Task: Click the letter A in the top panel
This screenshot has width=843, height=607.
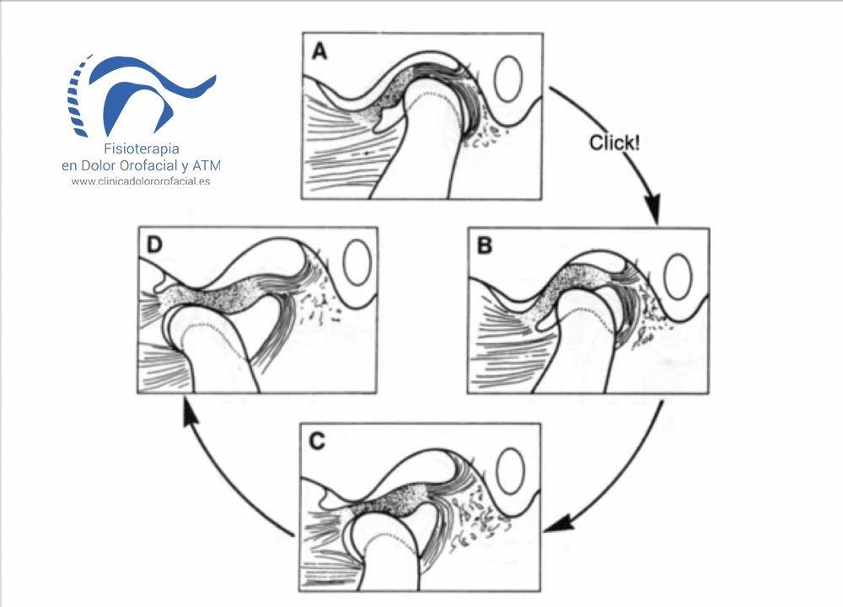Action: point(319,51)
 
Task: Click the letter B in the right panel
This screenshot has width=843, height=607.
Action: point(484,246)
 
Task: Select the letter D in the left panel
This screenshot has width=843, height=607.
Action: point(154,245)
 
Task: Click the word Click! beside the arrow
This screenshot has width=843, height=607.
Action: point(615,142)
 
